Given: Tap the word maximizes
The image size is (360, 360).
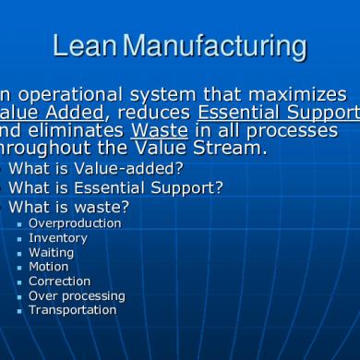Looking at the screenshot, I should [302, 95].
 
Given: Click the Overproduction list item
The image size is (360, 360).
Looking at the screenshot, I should [75, 223].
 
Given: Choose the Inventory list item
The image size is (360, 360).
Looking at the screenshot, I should [58, 238].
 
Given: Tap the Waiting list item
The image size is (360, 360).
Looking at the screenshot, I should [52, 252].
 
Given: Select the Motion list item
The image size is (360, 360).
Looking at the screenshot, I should [49, 267].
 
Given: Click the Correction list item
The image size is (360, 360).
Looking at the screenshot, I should [60, 282].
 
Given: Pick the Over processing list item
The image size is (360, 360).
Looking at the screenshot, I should [77, 295].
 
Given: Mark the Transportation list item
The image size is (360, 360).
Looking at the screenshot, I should [73, 310].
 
